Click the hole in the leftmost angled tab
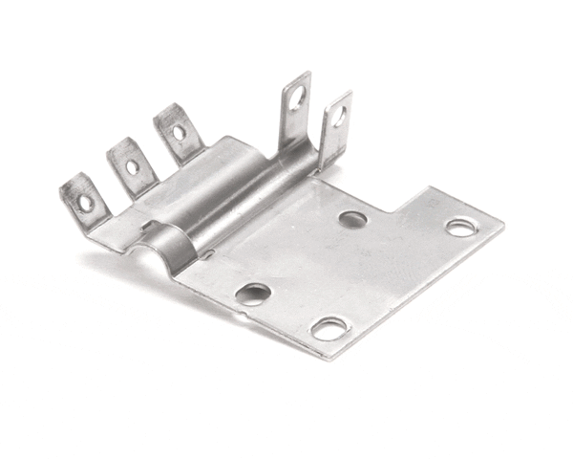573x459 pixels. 87,202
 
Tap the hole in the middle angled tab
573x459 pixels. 132,167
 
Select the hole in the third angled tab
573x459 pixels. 179,132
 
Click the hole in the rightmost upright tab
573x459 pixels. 339,117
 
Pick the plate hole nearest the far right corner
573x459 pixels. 460,228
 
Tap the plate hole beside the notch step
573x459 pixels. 352,219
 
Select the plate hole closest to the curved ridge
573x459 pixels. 253,294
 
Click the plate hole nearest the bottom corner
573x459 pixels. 329,330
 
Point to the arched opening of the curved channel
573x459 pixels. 152,251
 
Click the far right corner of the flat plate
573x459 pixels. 502,229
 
